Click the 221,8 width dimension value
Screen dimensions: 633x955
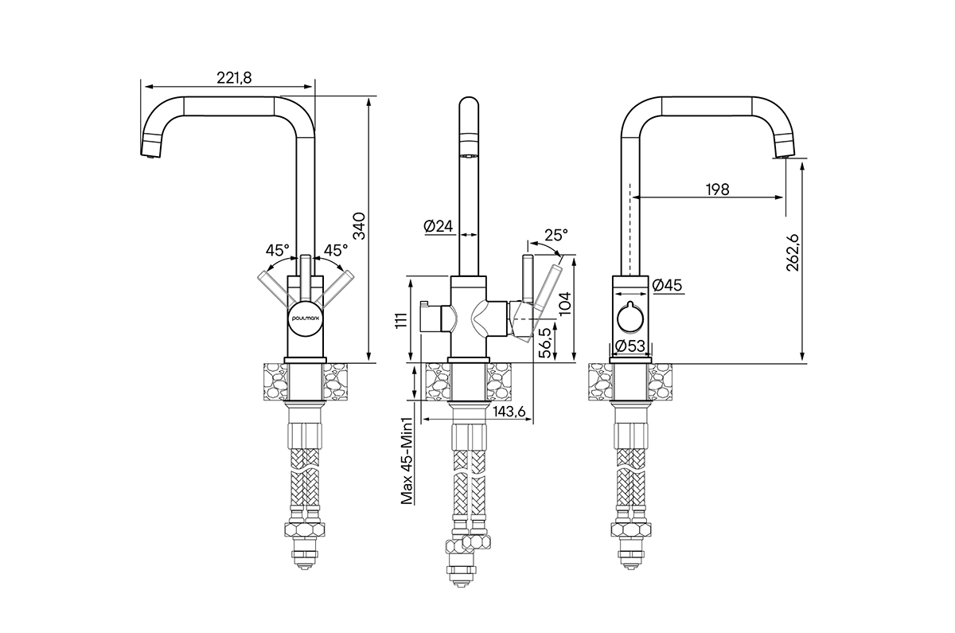pyautogui.click(x=234, y=76)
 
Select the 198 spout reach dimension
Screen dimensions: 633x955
pyautogui.click(x=717, y=189)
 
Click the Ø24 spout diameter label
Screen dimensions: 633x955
pyautogui.click(x=439, y=226)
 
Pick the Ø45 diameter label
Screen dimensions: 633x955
pyautogui.click(x=667, y=285)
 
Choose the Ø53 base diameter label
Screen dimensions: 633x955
pyautogui.click(x=630, y=346)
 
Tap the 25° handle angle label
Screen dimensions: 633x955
pyautogui.click(x=556, y=236)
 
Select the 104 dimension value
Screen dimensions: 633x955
pyautogui.click(x=565, y=303)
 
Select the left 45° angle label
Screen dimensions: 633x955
pyautogui.click(x=277, y=249)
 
